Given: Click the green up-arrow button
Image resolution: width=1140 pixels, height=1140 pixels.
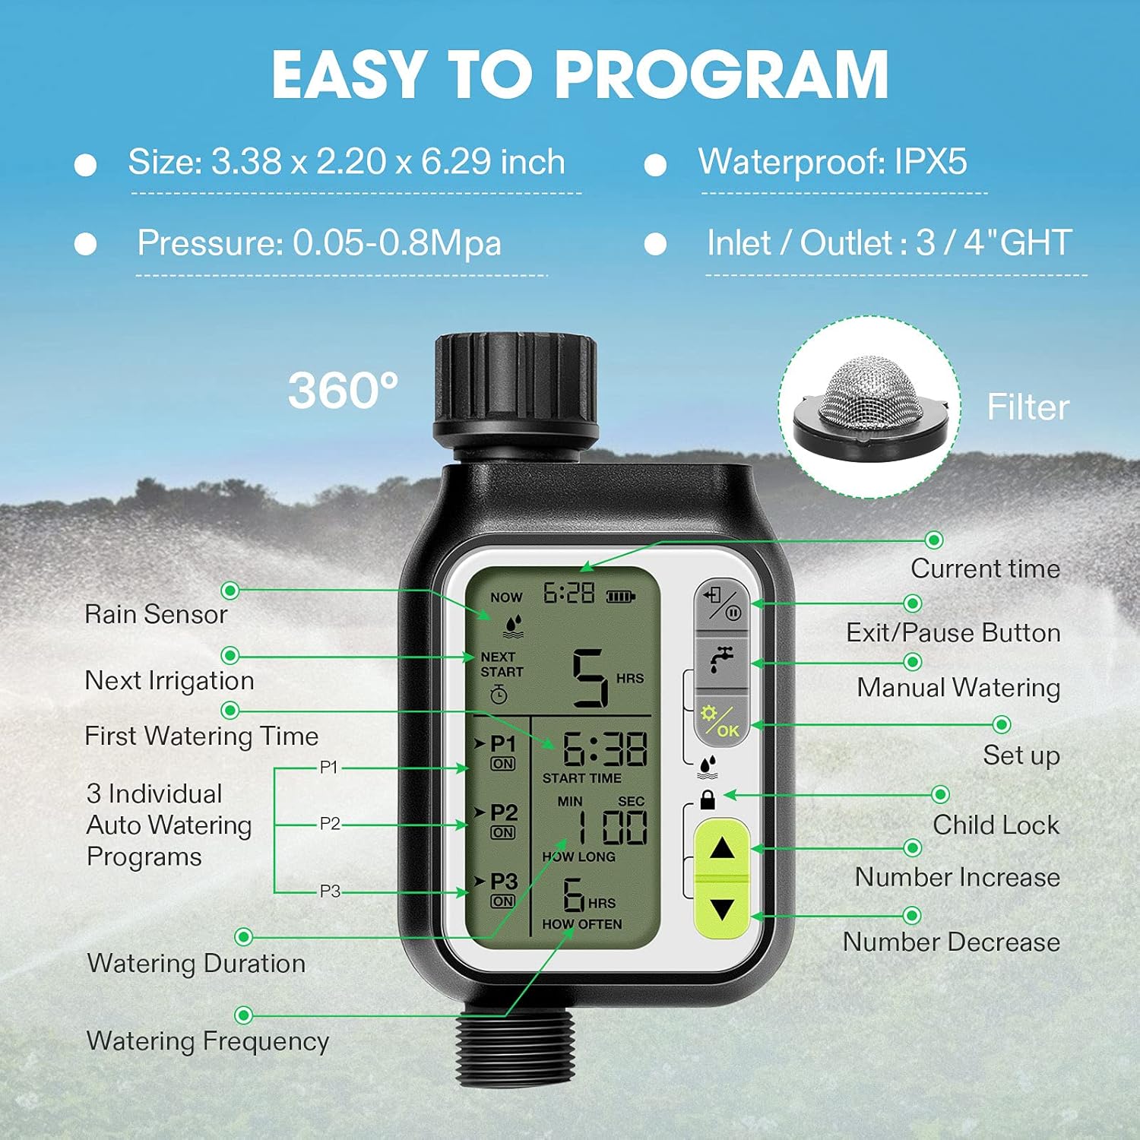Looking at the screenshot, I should click(x=721, y=848).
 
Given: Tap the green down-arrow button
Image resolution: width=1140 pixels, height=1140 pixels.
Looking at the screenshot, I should click(x=721, y=910).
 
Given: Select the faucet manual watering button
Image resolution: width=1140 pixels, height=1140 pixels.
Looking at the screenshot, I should click(x=722, y=660).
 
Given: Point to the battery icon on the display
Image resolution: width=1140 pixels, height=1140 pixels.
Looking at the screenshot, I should click(x=620, y=597).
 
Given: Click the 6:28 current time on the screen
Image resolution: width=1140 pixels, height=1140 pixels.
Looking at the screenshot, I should click(x=568, y=594).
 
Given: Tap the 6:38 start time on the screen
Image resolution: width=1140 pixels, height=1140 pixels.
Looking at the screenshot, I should click(x=604, y=750).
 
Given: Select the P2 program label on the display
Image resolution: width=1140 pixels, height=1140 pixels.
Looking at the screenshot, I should click(x=503, y=813).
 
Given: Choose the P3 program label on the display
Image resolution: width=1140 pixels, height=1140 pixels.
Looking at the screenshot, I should click(x=503, y=882).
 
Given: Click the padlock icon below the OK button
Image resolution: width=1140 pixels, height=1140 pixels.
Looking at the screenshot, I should click(x=708, y=800).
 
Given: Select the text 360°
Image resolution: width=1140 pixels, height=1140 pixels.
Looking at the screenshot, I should click(x=343, y=391).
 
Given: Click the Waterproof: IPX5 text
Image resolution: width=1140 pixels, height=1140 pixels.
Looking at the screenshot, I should click(x=832, y=162).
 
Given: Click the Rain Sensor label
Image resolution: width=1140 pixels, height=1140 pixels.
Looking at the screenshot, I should click(x=156, y=614).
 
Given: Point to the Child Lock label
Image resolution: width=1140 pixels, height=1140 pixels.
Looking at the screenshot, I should click(x=996, y=825).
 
